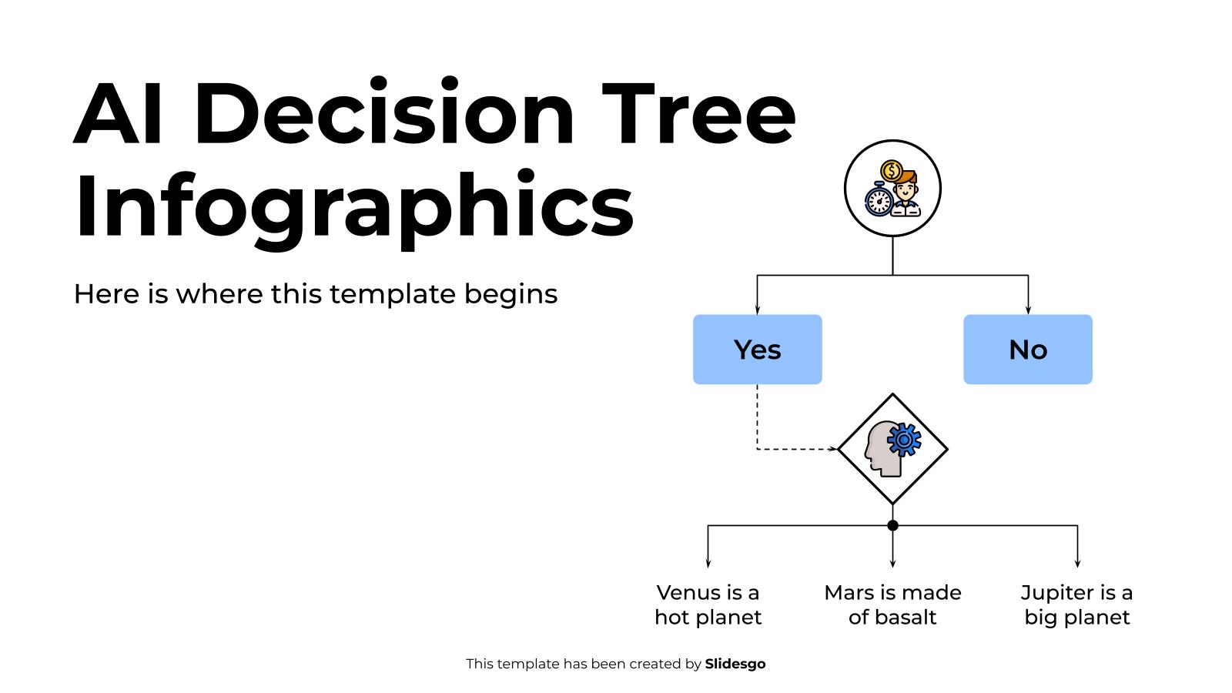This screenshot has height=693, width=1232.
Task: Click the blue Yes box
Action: [757, 350]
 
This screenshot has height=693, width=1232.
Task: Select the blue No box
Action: [1027, 350]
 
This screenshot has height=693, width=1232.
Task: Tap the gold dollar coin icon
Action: [891, 170]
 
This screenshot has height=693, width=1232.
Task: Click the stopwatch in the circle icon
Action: [879, 200]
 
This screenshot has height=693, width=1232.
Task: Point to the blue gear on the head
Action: [904, 439]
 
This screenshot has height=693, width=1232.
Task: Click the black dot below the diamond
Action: [892, 526]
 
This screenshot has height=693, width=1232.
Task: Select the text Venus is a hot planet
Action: [708, 604]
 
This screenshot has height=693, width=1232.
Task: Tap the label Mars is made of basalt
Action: [892, 604]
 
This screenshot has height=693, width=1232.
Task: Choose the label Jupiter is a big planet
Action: [1076, 604]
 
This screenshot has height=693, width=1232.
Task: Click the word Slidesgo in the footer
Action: [735, 664]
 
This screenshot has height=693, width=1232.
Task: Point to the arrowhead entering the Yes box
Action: [757, 310]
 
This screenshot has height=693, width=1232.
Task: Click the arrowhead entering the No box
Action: [1028, 310]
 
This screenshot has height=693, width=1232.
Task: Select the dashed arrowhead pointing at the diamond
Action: [832, 449]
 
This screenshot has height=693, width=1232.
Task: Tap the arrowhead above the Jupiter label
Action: [1077, 564]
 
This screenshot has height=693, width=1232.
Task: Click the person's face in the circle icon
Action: [907, 187]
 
